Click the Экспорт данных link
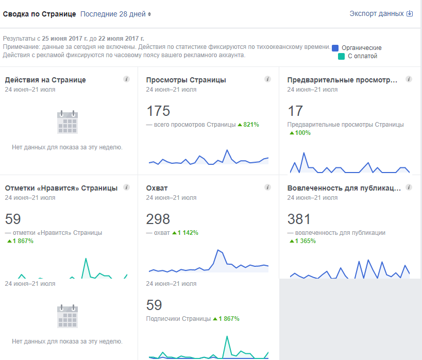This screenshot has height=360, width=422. point(381,14)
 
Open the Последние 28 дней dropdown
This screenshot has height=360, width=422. point(116,14)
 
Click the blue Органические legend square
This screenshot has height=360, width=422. point(335,48)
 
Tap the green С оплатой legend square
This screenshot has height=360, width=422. point(341,56)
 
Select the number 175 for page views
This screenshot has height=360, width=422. point(158,111)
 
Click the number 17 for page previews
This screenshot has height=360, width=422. point(295,111)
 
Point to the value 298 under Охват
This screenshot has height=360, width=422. point(158,219)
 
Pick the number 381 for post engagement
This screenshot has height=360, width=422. point(299,219)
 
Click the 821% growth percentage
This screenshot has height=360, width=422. point(251,125)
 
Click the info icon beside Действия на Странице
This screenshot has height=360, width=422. point(126,79)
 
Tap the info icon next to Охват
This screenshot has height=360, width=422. point(267,187)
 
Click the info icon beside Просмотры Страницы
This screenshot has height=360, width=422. point(267,79)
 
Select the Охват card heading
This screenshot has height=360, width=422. point(157,188)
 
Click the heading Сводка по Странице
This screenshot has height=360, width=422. point(40,14)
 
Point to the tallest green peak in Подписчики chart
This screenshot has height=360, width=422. point(226,336)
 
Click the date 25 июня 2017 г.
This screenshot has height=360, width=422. point(63,39)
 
